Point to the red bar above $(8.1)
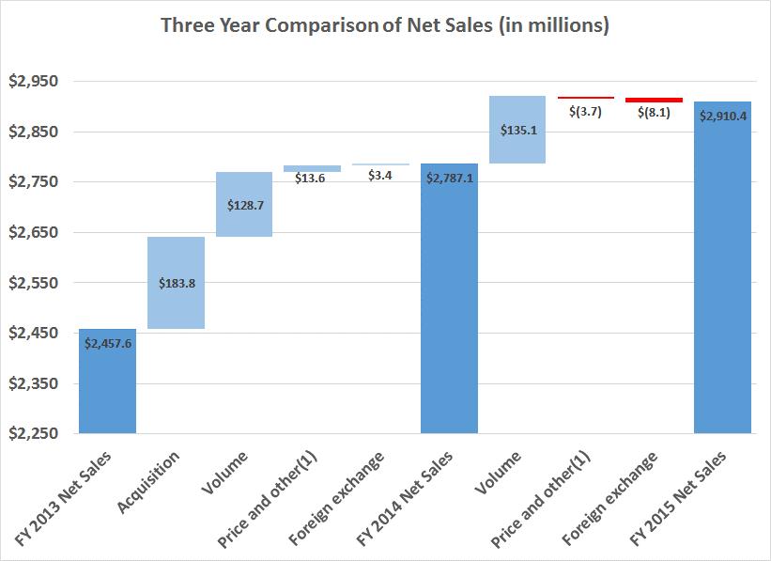click(x=654, y=99)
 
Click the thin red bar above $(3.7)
click(x=585, y=97)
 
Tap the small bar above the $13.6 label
click(x=312, y=168)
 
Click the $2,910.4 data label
click(x=722, y=117)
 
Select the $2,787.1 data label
click(x=449, y=178)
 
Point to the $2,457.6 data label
click(x=108, y=344)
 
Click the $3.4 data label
click(x=380, y=178)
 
